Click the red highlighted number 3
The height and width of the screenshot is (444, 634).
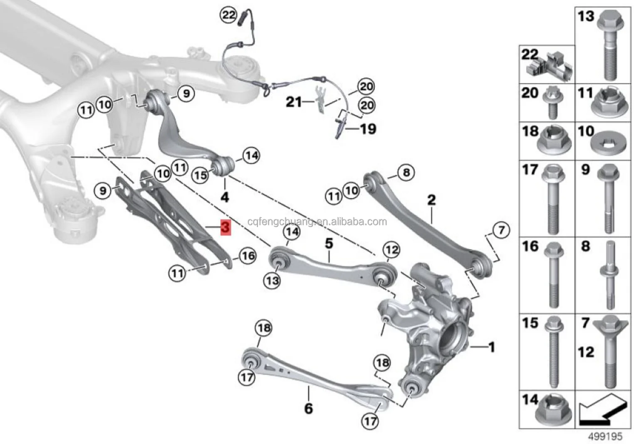tap(225, 227)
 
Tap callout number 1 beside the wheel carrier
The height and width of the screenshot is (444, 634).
tap(491, 347)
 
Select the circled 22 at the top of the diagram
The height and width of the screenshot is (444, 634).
tap(228, 15)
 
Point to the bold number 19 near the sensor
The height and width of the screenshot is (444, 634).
tap(368, 129)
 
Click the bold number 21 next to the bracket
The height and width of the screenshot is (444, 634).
tap(293, 101)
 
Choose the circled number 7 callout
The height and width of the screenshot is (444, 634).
tap(501, 230)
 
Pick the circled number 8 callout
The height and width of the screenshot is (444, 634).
tap(406, 172)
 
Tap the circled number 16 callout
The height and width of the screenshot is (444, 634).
tap(248, 256)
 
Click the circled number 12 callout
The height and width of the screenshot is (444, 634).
tap(391, 250)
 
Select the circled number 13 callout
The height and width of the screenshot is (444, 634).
tap(272, 281)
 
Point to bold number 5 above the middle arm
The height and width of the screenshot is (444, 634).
tap(329, 243)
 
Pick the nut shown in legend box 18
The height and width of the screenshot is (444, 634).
tap(554, 141)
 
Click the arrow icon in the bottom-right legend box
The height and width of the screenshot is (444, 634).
tap(602, 409)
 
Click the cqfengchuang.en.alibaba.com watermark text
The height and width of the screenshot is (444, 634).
tap(317, 222)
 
